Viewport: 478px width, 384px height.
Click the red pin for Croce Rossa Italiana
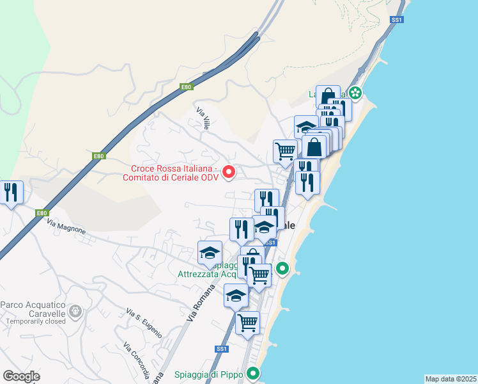[228, 172]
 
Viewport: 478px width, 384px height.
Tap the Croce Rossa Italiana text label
[174, 173]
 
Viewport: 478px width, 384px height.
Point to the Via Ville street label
[203, 119]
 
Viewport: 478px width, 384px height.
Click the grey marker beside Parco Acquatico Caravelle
[76, 312]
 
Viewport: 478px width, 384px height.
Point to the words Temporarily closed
[33, 322]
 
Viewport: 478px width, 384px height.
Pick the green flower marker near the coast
[355, 94]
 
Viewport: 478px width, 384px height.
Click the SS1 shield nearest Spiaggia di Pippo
[222, 349]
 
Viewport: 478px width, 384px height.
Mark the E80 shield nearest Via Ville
[186, 87]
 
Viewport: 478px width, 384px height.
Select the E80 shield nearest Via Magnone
[42, 213]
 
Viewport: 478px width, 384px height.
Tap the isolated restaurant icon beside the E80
[12, 193]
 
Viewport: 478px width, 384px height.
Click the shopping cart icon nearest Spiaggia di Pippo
[247, 323]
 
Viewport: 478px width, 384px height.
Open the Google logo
[21, 376]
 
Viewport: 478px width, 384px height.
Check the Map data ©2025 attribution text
[451, 379]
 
